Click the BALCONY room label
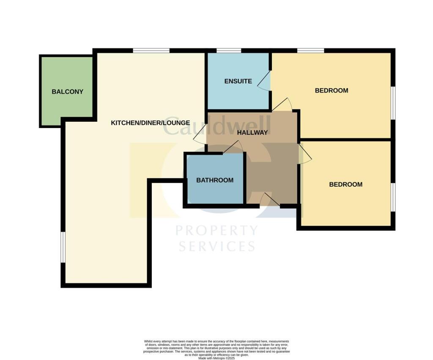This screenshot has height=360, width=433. pos(67,92)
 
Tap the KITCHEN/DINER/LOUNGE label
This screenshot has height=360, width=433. pos(150,123)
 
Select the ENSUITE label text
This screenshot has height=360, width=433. pos(238,81)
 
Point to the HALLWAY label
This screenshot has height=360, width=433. pos(252,132)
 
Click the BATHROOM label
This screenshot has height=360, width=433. pos(215,180)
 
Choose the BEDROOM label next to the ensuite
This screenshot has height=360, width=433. pos(332,90)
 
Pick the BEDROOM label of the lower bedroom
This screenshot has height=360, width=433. pos(346,184)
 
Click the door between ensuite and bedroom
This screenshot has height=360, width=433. pos(266,81)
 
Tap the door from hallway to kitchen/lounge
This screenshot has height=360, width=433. pos(200,135)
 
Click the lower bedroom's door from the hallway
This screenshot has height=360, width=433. pos(304,154)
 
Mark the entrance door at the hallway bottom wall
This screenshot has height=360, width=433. pos(269,200)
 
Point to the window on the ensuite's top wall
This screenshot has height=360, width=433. pos(229,50)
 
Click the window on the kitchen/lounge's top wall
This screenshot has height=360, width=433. pos(151,50)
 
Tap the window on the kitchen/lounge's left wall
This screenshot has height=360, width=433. pos(63,247)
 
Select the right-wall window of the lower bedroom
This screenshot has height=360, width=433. pos(393,197)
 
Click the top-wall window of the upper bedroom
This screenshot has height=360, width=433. pos(310,50)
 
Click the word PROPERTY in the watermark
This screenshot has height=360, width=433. pos(216,231)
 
